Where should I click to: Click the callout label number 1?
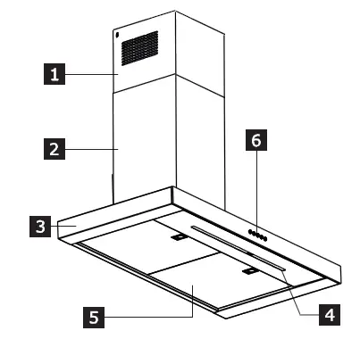(55, 76)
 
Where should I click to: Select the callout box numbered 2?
(55, 149)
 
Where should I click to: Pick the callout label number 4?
(329, 314)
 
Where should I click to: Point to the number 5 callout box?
(90, 314)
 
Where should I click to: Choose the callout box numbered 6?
(255, 140)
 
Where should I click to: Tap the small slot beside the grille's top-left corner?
(117, 35)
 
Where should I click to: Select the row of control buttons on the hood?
(257, 236)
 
